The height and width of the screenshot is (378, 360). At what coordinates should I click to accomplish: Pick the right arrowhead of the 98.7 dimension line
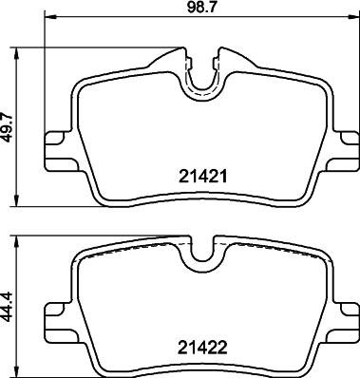click(351, 18)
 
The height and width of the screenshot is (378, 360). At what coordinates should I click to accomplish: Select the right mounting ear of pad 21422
click(343, 313)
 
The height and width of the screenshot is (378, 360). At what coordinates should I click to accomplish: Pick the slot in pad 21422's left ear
click(54, 314)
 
